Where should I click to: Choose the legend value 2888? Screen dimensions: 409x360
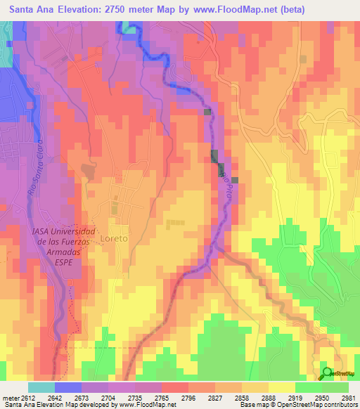click(x=262, y=398)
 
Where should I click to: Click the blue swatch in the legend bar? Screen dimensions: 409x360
click(x=68, y=387)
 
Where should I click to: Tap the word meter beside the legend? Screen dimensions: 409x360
click(x=11, y=398)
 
